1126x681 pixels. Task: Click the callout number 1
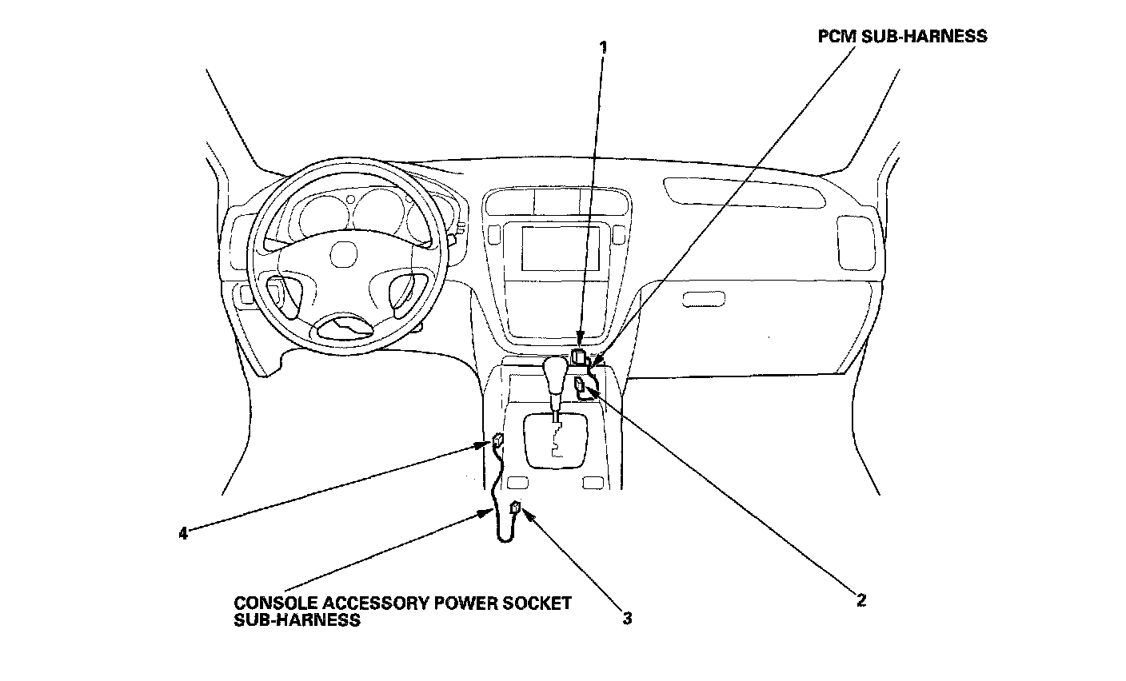coord(604,47)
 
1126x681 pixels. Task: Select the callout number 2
coord(860,599)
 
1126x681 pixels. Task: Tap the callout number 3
coord(628,618)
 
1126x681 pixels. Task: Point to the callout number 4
coord(183,533)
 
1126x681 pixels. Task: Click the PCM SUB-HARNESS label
coord(902,36)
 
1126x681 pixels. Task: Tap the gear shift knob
coord(555,372)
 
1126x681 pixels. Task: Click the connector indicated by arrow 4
coord(497,440)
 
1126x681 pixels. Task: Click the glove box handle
coord(704,299)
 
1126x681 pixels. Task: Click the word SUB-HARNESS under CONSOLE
coord(297,619)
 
